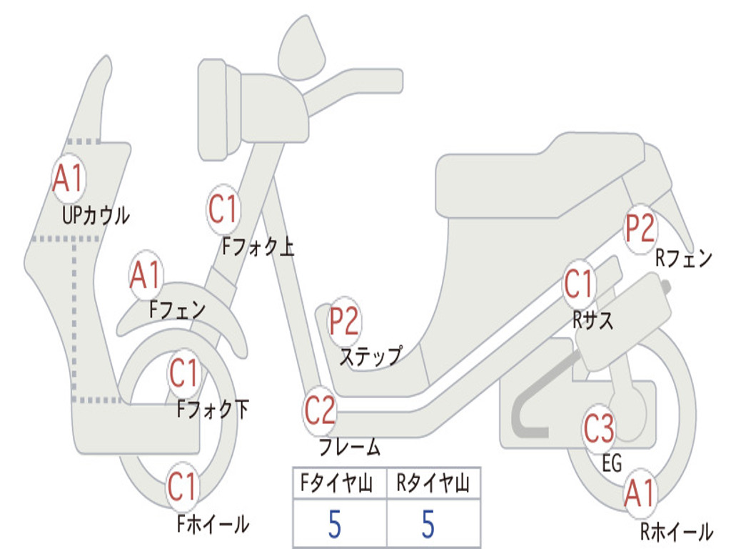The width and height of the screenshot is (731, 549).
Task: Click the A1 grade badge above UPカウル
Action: point(69,179)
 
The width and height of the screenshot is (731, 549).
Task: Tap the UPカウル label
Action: point(96,215)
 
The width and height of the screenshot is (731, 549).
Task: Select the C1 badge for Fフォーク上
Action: point(223,209)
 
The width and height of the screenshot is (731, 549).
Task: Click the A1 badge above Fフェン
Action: point(146,276)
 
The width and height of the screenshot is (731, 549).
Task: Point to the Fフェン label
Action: point(177,310)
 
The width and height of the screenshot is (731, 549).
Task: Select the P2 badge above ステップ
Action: point(344,322)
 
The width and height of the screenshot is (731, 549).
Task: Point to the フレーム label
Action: point(350,448)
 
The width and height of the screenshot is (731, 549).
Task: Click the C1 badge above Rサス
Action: point(579,285)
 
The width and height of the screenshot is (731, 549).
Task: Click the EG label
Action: point(612,464)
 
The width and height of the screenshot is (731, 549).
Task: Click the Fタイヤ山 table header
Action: point(338,485)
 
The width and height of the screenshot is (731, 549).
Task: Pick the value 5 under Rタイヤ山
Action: point(428,524)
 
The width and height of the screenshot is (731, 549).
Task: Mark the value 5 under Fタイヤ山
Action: point(335,524)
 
